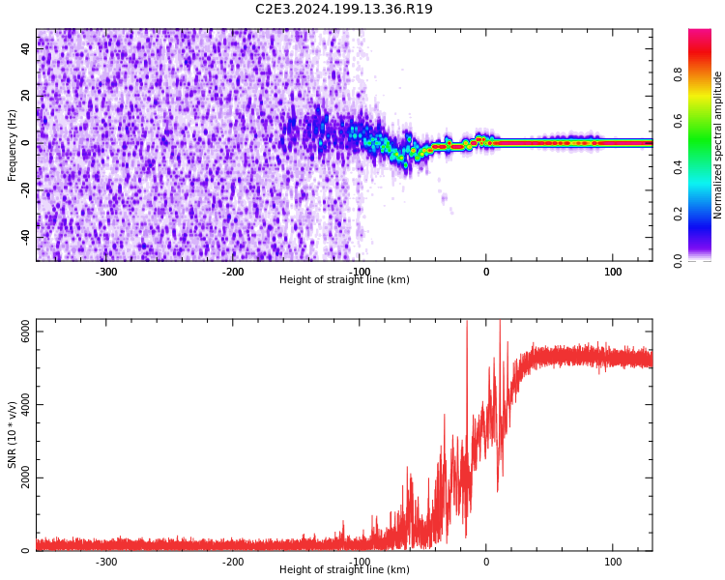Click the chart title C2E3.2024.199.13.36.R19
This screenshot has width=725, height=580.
pos(344,10)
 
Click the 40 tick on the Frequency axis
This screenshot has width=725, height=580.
pos(26,48)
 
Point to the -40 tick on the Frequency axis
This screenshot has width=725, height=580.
pos(26,237)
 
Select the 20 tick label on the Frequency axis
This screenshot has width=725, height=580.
pos(26,96)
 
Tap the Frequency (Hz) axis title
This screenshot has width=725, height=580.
pos(13,145)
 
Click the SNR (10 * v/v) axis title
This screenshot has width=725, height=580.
pos(13,435)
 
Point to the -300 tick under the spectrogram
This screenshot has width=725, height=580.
pos(106,272)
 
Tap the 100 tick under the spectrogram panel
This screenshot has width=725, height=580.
pos(613,272)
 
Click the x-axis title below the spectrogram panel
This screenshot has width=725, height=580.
pos(344,280)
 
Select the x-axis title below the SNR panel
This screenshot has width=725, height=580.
pos(344,570)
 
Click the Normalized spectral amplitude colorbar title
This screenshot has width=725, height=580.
pos(718,145)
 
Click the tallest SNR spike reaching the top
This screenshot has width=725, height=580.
pos(467,325)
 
